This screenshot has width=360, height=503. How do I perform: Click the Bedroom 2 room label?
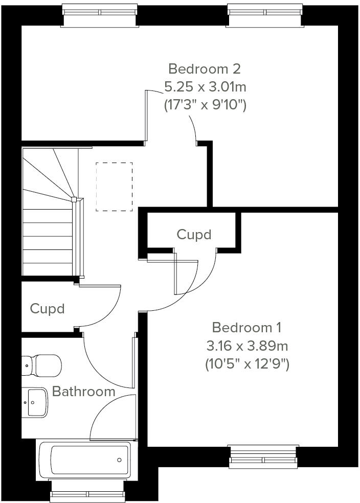(205, 68)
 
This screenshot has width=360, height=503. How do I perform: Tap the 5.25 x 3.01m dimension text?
(205, 87)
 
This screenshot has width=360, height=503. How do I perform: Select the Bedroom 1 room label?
(247, 327)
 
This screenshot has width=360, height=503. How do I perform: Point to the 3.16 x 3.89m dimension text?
(247, 346)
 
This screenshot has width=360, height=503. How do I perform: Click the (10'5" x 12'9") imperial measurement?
(247, 364)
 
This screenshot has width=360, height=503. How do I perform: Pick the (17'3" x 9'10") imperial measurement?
(205, 105)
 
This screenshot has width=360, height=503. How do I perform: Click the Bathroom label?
(84, 392)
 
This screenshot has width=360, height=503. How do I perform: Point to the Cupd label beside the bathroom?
(47, 309)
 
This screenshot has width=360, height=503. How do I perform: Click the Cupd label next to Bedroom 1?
(194, 234)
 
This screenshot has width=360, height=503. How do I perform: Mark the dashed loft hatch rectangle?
(114, 187)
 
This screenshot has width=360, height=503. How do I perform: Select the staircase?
(49, 212)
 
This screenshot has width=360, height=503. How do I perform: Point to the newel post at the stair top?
(74, 199)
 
